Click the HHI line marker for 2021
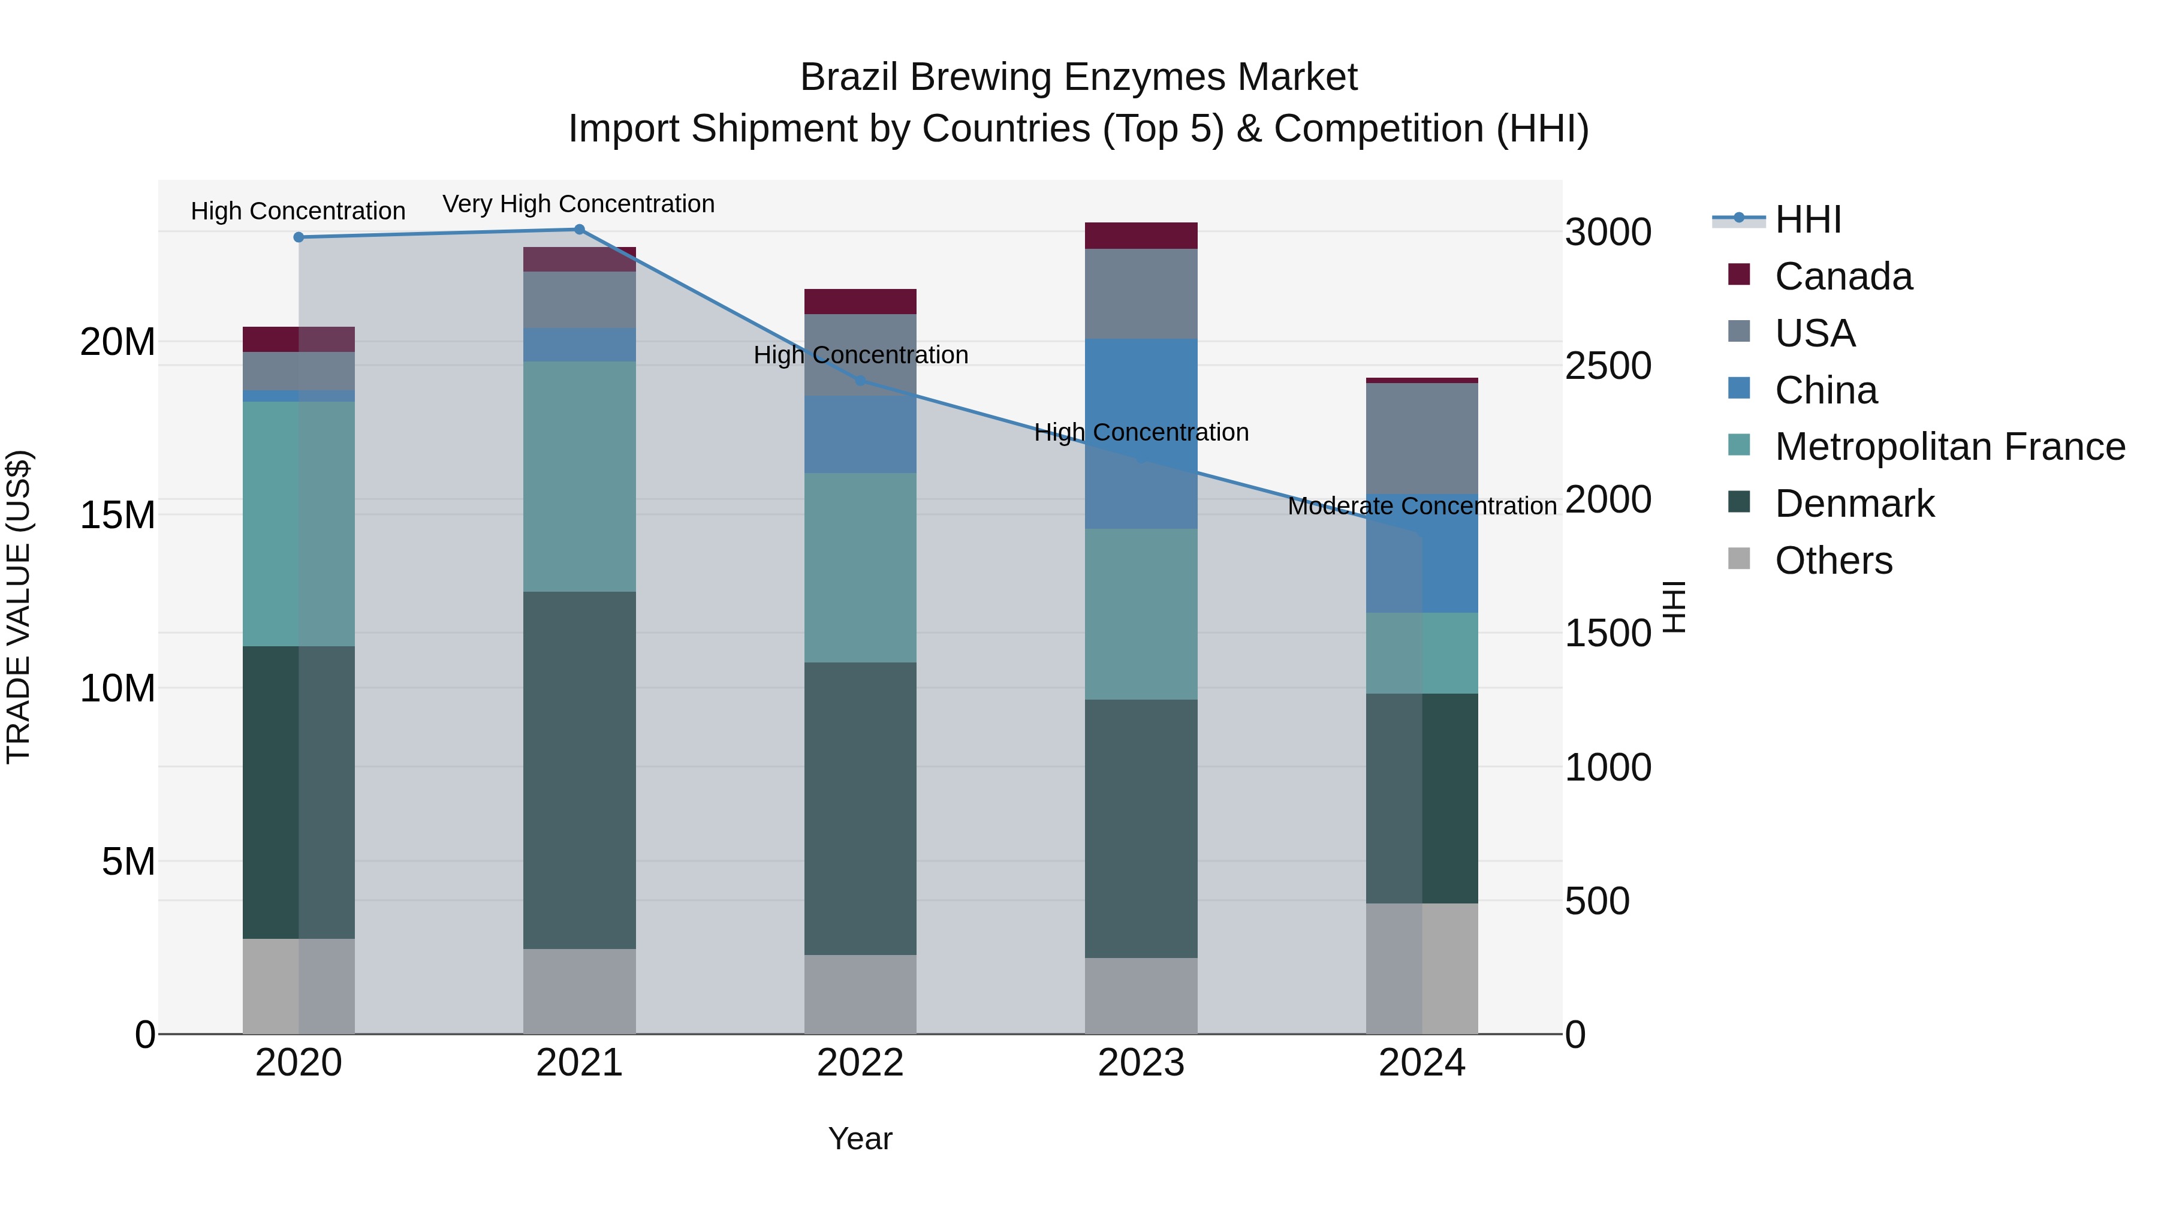[579, 230]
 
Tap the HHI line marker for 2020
[299, 237]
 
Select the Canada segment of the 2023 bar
[1141, 236]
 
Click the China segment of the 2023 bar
[1141, 433]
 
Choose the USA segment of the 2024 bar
[1422, 438]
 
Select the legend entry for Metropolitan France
[1949, 447]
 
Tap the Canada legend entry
[1843, 276]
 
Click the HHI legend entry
[1808, 219]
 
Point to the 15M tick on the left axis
[117, 515]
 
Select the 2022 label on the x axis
[860, 1063]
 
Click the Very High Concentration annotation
[579, 204]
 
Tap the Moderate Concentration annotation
[1422, 506]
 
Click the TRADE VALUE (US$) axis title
[19, 607]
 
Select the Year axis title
[860, 1138]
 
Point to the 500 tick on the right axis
[1597, 902]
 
